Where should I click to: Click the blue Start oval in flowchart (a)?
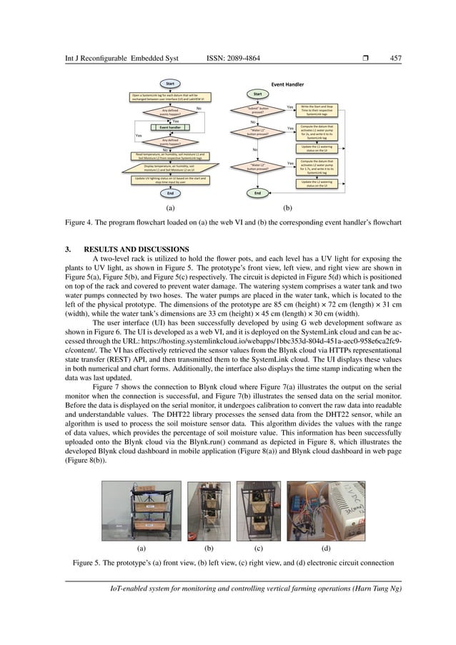(x=170, y=84)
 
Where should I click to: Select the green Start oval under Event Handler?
(x=256, y=94)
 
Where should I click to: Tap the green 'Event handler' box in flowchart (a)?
(x=170, y=128)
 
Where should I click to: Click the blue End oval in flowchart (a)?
(x=170, y=193)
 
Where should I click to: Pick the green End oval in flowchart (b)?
(x=256, y=193)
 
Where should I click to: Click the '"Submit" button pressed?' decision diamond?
(x=257, y=110)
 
